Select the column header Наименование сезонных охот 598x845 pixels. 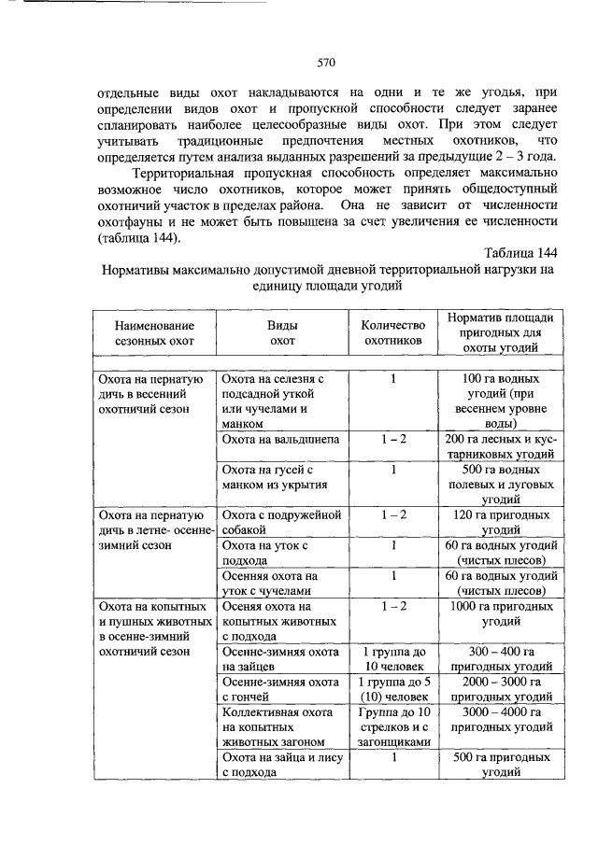155,333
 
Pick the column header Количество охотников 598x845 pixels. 393,333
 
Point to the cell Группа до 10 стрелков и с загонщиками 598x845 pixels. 393,726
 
